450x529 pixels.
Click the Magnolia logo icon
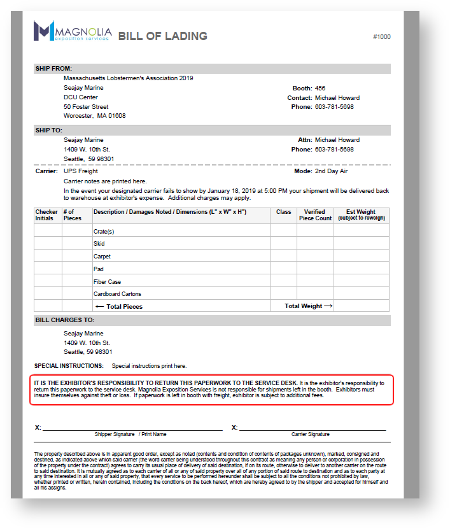click(x=44, y=31)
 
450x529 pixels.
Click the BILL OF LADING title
click(x=162, y=36)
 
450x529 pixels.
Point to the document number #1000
click(x=382, y=37)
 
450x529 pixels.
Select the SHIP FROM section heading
click(x=53, y=69)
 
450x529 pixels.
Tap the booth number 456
click(x=320, y=88)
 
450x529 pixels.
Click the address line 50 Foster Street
click(x=86, y=107)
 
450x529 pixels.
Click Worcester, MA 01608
click(x=94, y=116)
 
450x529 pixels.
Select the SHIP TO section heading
click(x=49, y=130)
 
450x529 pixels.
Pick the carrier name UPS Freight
click(x=81, y=171)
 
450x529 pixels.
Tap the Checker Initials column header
click(x=46, y=215)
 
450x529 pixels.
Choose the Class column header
click(x=283, y=212)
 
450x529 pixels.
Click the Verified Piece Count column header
click(x=315, y=215)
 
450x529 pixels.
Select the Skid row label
click(x=99, y=244)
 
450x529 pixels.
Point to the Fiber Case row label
click(x=107, y=281)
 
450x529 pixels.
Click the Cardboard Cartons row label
click(x=117, y=294)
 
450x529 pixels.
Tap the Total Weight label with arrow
click(x=308, y=306)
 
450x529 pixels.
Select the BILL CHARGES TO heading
click(x=64, y=320)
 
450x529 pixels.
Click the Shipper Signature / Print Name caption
click(x=130, y=434)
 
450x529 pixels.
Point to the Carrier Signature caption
click(x=311, y=434)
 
